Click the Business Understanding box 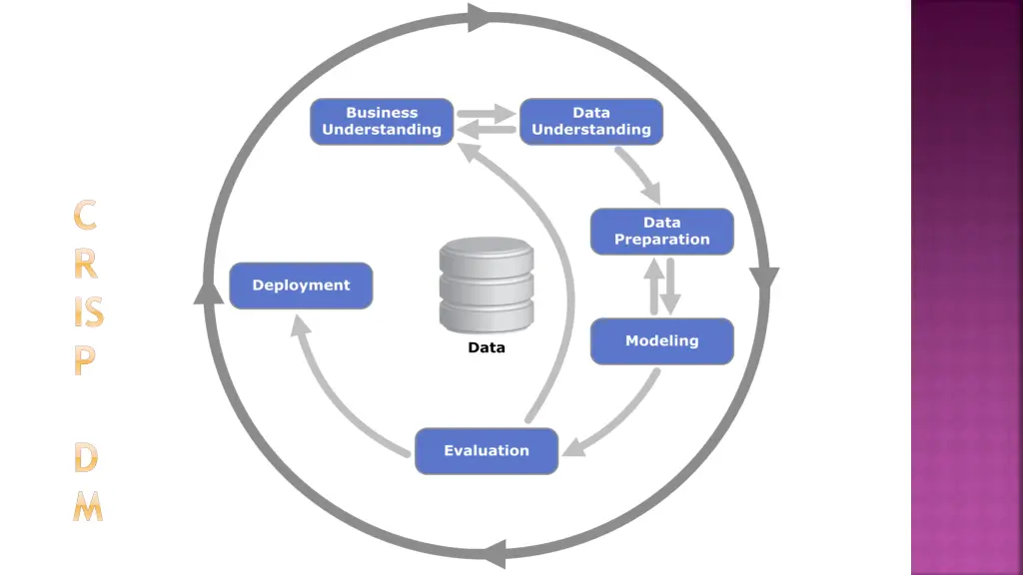point(382,122)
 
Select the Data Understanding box point(591,122)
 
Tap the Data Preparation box point(661,232)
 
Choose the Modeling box point(661,341)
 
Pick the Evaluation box point(487,451)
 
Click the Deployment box point(301,286)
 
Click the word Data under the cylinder point(487,348)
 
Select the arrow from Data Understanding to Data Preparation point(639,176)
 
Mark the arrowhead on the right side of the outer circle point(765,281)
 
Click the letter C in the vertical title point(87,215)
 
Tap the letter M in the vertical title point(88,508)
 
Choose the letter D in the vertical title point(88,459)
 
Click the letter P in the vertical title point(86,361)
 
